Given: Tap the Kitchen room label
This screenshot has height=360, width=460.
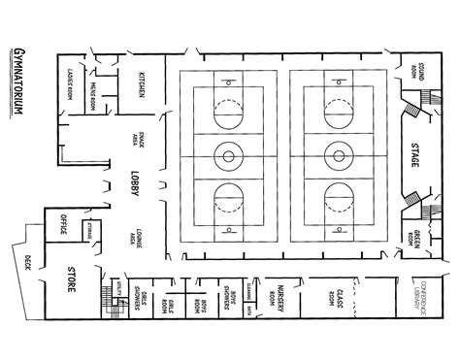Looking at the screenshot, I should [x=143, y=84].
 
